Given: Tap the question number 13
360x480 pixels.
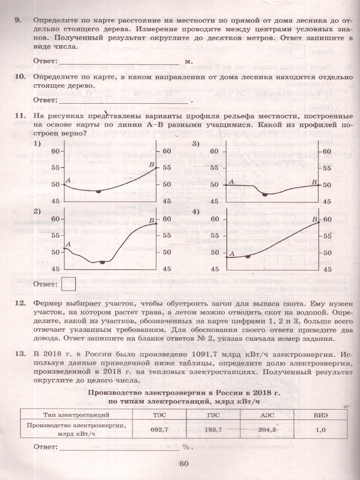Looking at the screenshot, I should (x=19, y=354).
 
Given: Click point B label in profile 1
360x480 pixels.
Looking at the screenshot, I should (x=151, y=164).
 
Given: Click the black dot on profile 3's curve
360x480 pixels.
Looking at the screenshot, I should (x=264, y=194).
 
